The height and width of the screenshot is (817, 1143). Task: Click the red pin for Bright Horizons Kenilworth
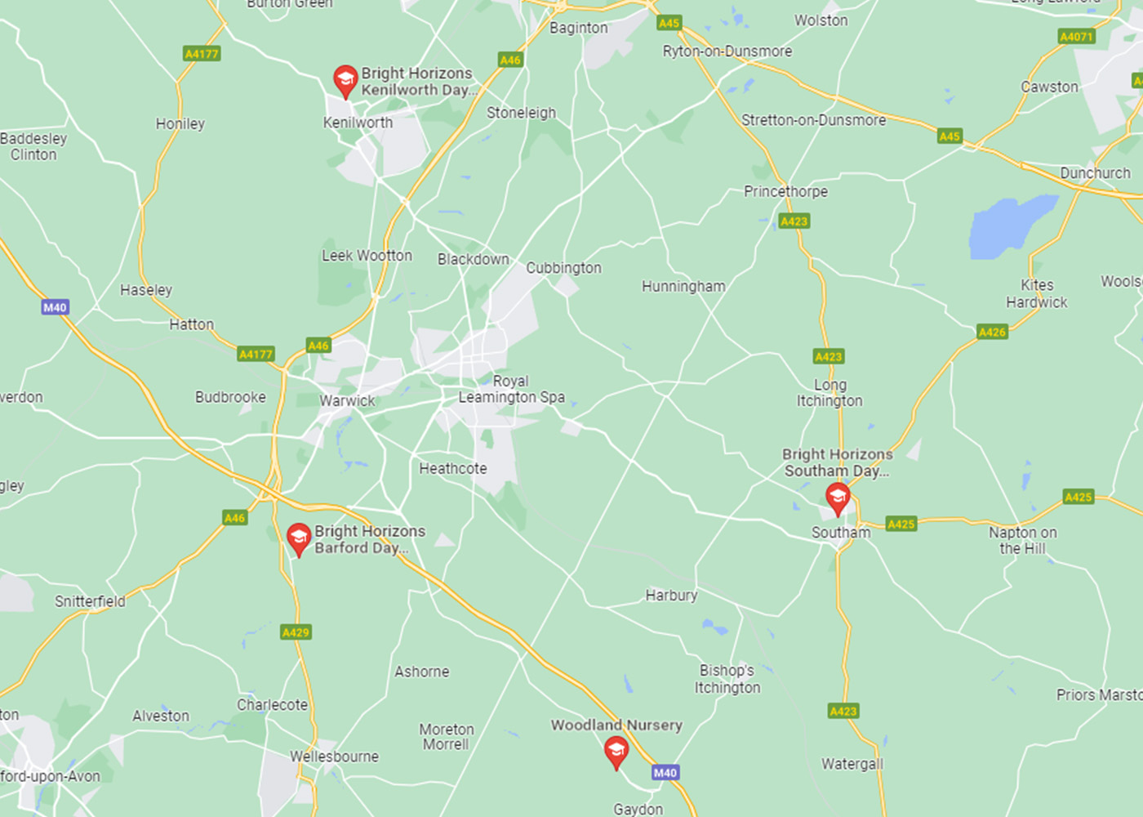click(345, 80)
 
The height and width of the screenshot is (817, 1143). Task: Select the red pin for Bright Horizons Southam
click(837, 497)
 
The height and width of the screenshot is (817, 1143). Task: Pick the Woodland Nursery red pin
click(616, 751)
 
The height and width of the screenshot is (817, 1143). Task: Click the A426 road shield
click(992, 332)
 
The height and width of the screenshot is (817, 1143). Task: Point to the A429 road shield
click(296, 632)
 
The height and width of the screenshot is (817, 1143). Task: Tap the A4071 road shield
click(1075, 36)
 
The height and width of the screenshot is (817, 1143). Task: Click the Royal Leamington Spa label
click(511, 389)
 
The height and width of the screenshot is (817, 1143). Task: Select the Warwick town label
click(347, 401)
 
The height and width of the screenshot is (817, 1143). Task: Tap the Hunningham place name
click(683, 286)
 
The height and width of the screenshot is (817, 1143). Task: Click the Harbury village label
click(671, 596)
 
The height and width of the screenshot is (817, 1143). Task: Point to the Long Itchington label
click(829, 393)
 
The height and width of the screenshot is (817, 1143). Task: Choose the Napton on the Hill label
click(1022, 540)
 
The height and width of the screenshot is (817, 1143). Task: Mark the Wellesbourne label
click(334, 757)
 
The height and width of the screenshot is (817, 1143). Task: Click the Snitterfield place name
click(90, 601)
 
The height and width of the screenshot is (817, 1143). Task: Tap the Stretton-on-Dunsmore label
click(813, 120)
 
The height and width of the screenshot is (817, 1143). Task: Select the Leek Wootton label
click(367, 256)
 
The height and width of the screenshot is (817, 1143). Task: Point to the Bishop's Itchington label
click(727, 679)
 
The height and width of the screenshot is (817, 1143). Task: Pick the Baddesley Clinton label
click(33, 146)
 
